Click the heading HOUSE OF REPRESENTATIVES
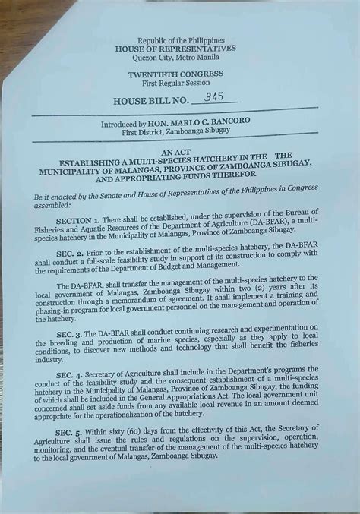(x=175, y=48)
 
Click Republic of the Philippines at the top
(x=175, y=39)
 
